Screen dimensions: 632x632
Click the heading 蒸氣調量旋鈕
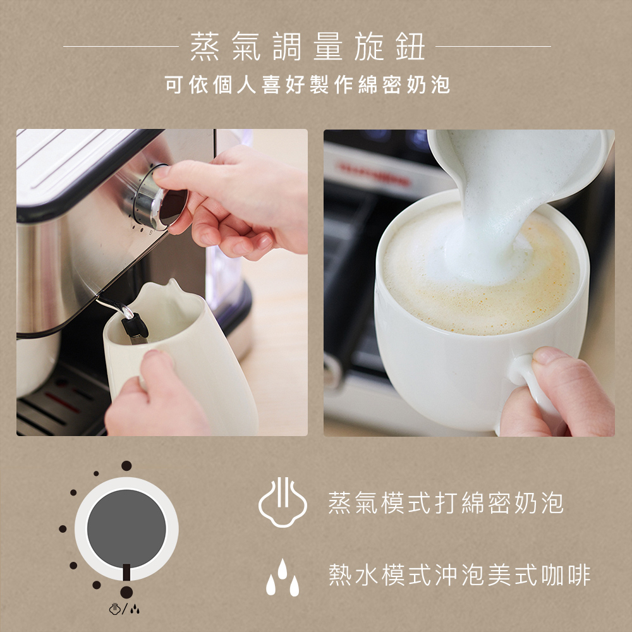pyautogui.click(x=308, y=47)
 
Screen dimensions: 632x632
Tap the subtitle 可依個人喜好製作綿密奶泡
pyautogui.click(x=308, y=85)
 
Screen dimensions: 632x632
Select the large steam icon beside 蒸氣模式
pyautogui.click(x=283, y=502)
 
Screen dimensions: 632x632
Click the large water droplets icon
pyautogui.click(x=283, y=577)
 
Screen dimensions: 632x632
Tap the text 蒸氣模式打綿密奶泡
pyautogui.click(x=446, y=503)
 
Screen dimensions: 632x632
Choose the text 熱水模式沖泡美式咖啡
pyautogui.click(x=459, y=574)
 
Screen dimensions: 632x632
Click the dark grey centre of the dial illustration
pyautogui.click(x=126, y=528)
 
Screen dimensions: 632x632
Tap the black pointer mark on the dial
pyautogui.click(x=126, y=572)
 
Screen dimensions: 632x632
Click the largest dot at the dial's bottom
pyautogui.click(x=126, y=592)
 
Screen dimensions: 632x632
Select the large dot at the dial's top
pyautogui.click(x=126, y=466)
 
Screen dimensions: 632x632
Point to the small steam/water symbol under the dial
pyautogui.click(x=125, y=609)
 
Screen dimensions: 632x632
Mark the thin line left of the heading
pyautogui.click(x=121, y=46)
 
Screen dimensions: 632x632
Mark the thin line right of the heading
pyautogui.click(x=494, y=46)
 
